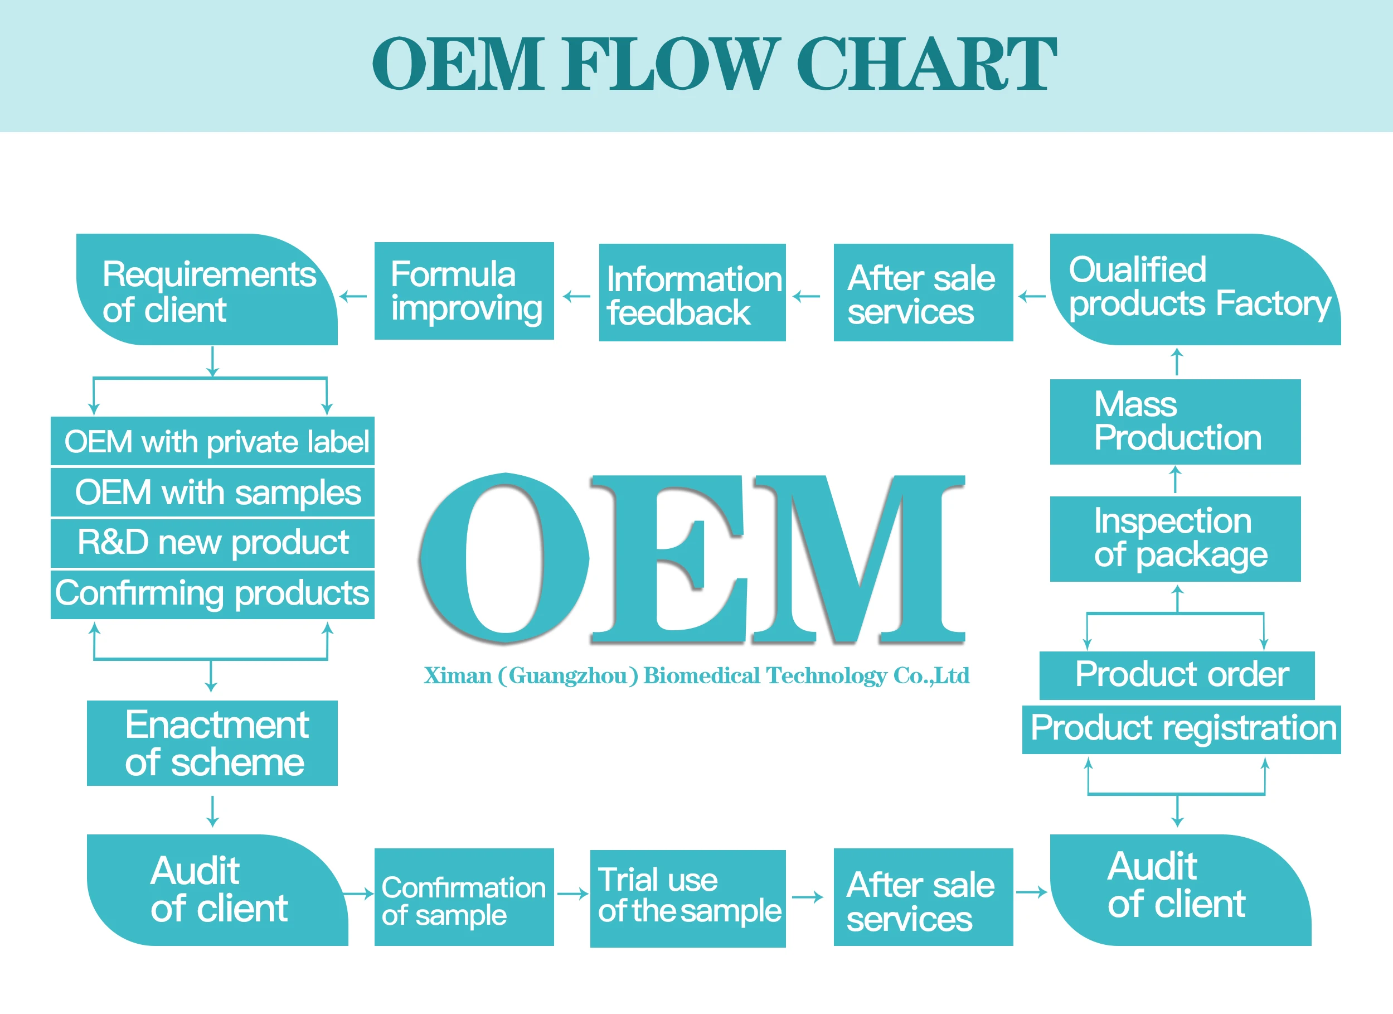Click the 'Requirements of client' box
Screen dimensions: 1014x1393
(x=207, y=290)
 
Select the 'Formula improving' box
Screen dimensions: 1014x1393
(x=464, y=291)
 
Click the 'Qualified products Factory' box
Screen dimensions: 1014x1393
(x=1195, y=289)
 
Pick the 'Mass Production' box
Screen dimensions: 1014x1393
(x=1175, y=422)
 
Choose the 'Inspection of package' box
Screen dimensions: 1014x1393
(x=1175, y=539)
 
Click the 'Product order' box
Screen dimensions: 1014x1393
(x=1177, y=675)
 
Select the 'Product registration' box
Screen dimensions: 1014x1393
(x=1181, y=730)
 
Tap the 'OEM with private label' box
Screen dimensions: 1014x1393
(x=212, y=441)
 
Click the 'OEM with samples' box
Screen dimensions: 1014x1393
(x=212, y=492)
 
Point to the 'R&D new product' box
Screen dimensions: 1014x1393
(x=212, y=543)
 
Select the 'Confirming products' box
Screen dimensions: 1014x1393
(x=212, y=594)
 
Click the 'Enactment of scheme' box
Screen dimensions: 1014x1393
(x=212, y=743)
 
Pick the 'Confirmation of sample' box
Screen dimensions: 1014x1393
(x=464, y=897)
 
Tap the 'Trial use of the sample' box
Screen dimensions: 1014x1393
(x=688, y=899)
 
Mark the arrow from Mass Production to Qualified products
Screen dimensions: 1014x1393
(x=1177, y=361)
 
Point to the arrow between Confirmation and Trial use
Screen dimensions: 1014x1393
(x=572, y=894)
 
